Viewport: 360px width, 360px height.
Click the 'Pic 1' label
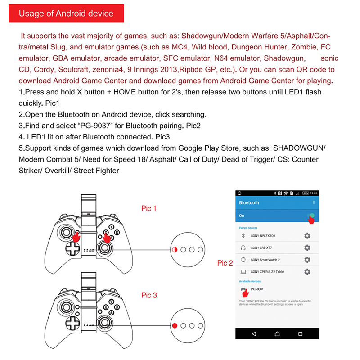click(x=149, y=208)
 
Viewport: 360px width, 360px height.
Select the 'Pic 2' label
click(x=225, y=263)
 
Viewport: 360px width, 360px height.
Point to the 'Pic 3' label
click(x=149, y=295)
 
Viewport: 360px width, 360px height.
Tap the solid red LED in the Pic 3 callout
click(x=175, y=325)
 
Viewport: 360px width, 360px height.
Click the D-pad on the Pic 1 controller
click(x=71, y=248)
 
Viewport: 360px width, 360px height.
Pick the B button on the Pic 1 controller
click(x=117, y=232)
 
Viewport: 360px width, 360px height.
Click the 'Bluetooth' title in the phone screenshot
click(x=249, y=203)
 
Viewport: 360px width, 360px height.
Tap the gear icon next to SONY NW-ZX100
click(x=307, y=236)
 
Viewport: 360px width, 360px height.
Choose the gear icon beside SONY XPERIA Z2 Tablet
click(x=307, y=272)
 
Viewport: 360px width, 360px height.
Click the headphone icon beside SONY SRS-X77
click(x=243, y=248)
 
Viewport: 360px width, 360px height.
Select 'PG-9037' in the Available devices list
click(x=257, y=289)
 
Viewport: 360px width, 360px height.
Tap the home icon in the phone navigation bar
click(x=278, y=334)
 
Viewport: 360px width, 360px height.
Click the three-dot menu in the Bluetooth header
click(x=314, y=203)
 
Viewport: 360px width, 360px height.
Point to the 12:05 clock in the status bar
click(x=313, y=193)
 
